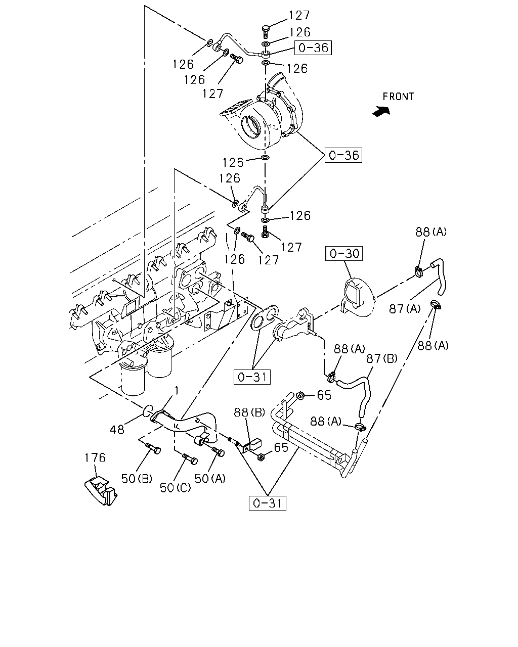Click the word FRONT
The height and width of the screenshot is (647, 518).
pyautogui.click(x=398, y=97)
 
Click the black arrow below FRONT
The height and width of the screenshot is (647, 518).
pyautogui.click(x=381, y=111)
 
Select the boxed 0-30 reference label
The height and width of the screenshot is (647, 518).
pyautogui.click(x=344, y=253)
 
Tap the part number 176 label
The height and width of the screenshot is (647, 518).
pyautogui.click(x=95, y=457)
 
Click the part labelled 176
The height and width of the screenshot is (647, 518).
pyautogui.click(x=101, y=491)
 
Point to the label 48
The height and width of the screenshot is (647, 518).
pyautogui.click(x=117, y=430)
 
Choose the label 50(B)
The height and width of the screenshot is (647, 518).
pyautogui.click(x=137, y=479)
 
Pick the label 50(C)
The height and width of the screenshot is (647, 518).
pyautogui.click(x=175, y=488)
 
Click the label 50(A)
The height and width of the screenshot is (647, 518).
pyautogui.click(x=210, y=478)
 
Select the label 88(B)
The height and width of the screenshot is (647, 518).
pyautogui.click(x=249, y=412)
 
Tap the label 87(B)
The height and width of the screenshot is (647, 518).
pyautogui.click(x=381, y=358)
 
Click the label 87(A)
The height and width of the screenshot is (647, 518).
pyautogui.click(x=405, y=308)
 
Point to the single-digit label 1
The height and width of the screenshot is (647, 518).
pyautogui.click(x=177, y=391)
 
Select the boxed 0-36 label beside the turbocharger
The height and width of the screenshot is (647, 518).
pyautogui.click(x=343, y=155)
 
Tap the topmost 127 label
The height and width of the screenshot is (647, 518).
pyautogui.click(x=299, y=15)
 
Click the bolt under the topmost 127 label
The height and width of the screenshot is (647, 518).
pyautogui.click(x=265, y=32)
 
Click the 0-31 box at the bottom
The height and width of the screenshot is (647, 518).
pyautogui.click(x=267, y=503)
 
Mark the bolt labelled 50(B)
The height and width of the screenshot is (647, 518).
pyautogui.click(x=153, y=448)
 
